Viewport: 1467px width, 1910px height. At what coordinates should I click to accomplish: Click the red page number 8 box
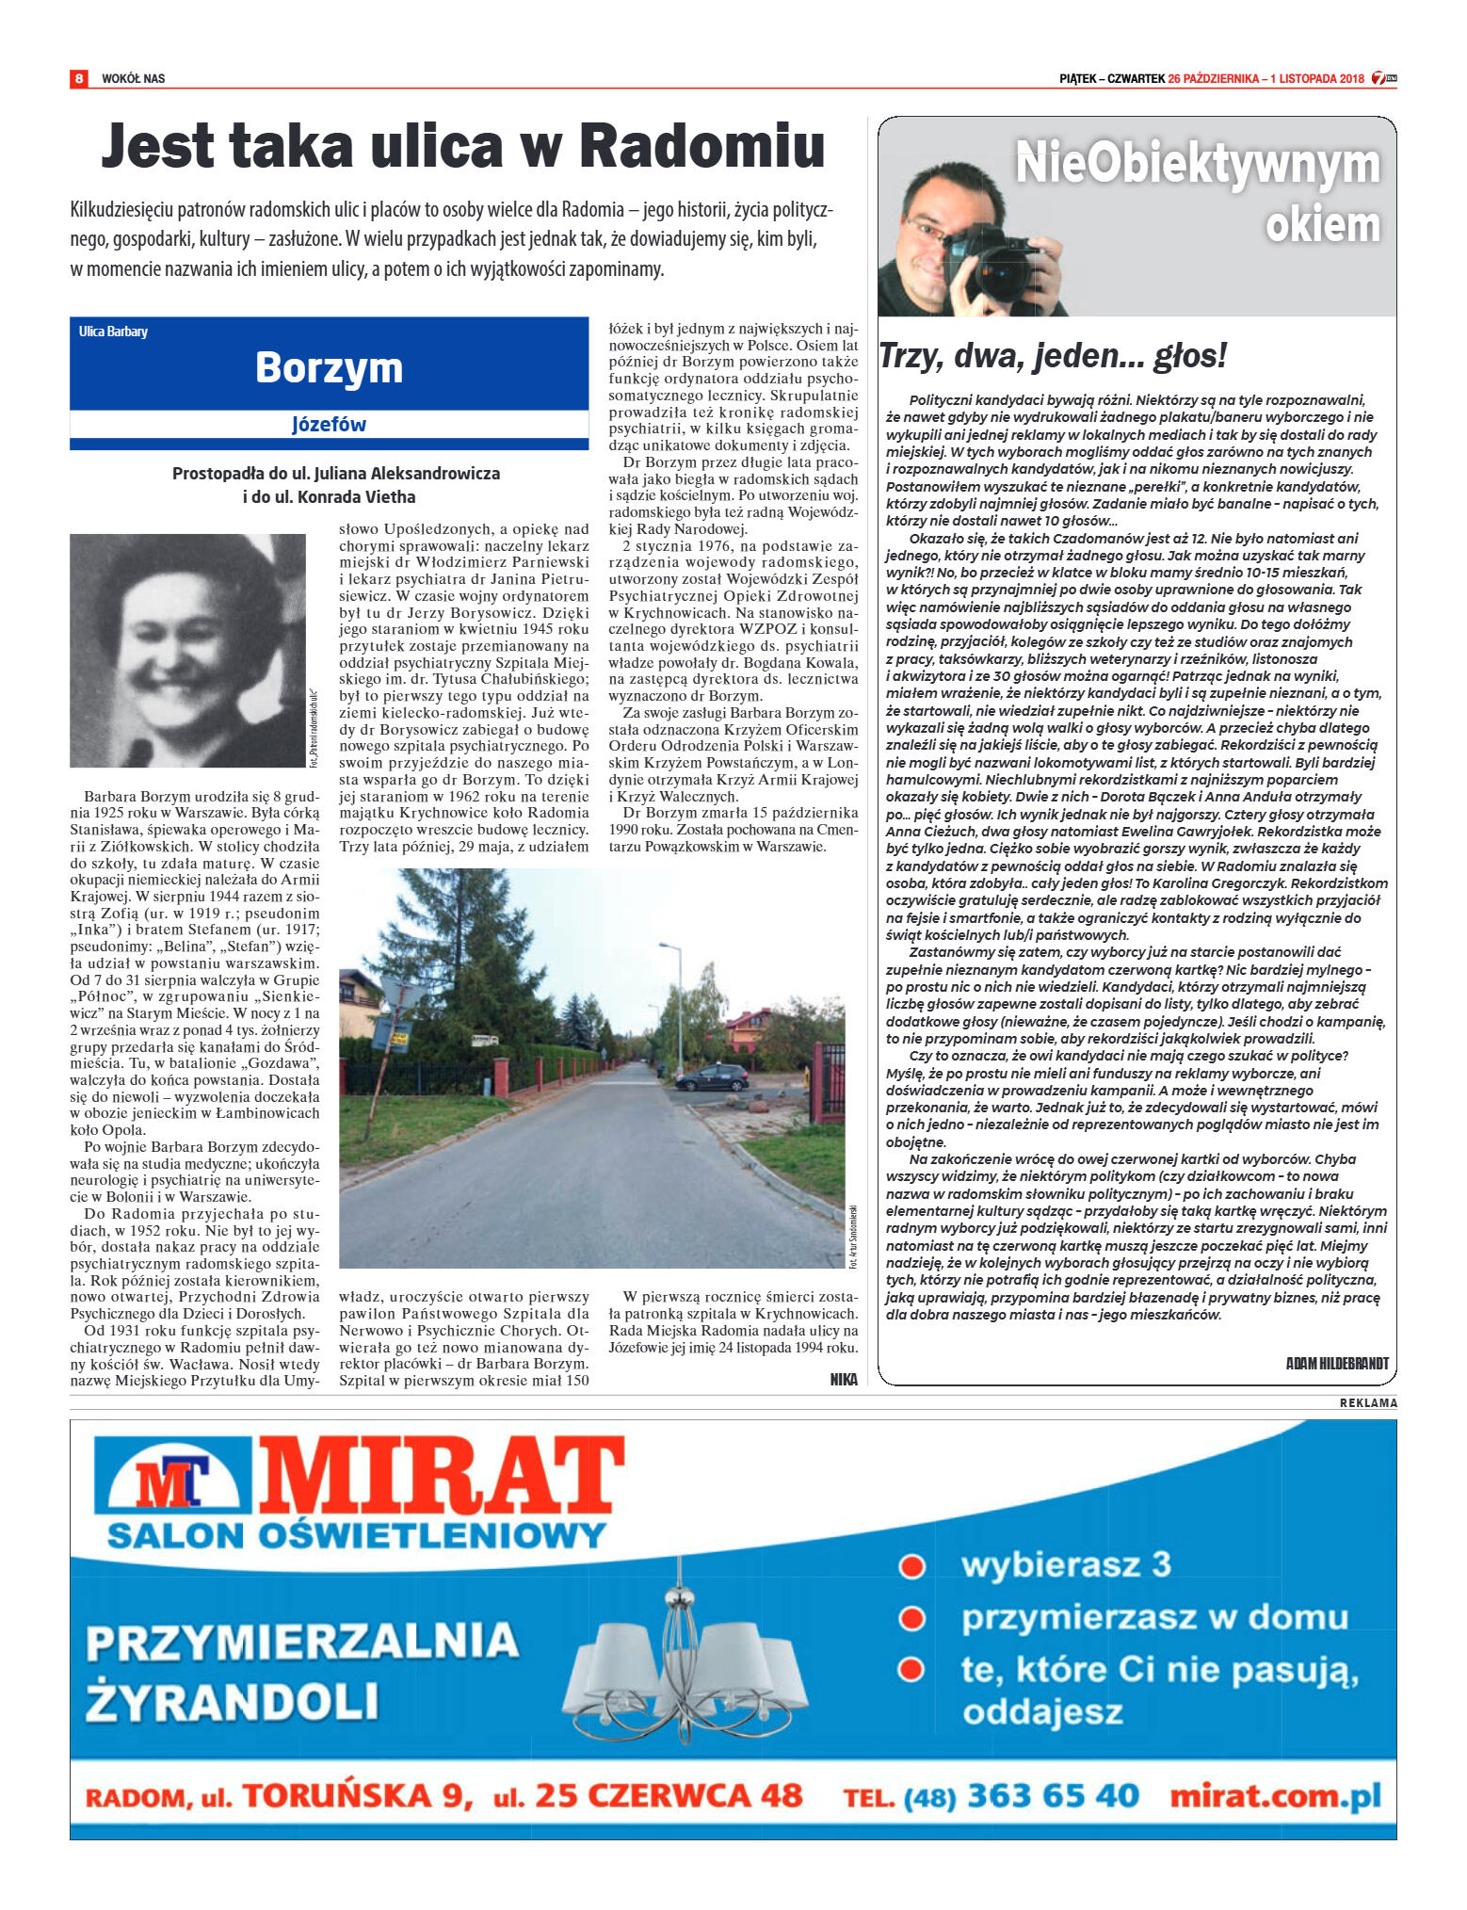pos(78,78)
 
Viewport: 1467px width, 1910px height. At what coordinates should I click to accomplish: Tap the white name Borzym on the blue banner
pos(329,367)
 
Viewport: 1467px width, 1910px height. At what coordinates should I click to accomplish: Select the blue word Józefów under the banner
pos(329,425)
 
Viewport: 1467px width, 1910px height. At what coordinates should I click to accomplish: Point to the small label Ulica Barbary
pos(113,332)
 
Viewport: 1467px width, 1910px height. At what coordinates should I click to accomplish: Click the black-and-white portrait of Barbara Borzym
pos(187,650)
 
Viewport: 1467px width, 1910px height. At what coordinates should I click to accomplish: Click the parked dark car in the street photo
pos(711,1076)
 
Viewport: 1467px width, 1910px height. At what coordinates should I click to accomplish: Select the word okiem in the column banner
pos(1322,225)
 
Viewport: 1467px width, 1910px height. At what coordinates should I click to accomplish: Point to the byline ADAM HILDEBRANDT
pos(1336,1363)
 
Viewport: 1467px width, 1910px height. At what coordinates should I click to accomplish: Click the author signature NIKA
pos(844,1379)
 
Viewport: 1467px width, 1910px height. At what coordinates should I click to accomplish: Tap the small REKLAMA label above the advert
pos(1368,1403)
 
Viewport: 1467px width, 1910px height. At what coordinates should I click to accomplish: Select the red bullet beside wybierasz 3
pos(911,1566)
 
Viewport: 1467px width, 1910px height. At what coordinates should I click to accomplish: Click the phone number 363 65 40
pos(1053,1795)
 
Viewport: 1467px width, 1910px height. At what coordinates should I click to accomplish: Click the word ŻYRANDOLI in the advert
pos(232,1703)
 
